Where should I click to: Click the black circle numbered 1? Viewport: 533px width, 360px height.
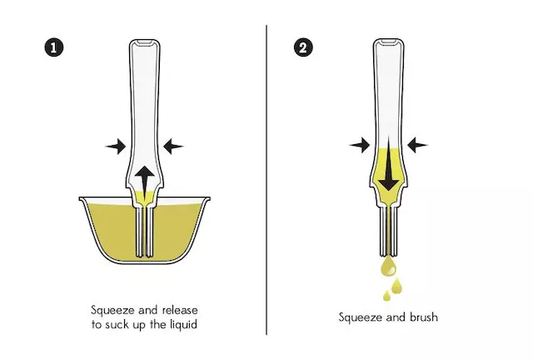coord(53,46)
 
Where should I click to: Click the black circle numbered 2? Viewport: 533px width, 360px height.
coord(304,46)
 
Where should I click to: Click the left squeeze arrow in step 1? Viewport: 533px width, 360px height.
coord(117,146)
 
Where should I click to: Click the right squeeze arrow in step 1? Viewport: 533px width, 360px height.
coord(173,146)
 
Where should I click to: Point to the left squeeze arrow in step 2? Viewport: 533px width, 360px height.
coord(359,145)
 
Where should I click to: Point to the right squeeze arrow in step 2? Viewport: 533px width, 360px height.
coord(416,145)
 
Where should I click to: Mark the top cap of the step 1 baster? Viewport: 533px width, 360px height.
coord(145,42)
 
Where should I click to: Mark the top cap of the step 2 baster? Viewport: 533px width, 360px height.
coord(387,42)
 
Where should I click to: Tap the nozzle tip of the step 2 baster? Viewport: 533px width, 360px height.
coord(389,252)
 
